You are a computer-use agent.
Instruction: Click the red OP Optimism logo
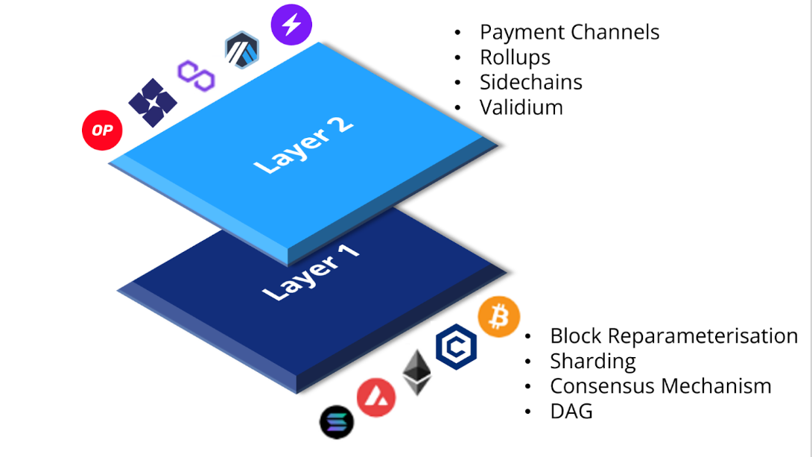tap(101, 130)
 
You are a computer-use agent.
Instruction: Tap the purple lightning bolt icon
tap(291, 25)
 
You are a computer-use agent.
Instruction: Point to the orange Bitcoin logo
tap(498, 317)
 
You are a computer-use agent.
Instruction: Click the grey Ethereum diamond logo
tap(416, 371)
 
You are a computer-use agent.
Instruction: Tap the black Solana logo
tap(337, 422)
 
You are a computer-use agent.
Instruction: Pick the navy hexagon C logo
tap(456, 347)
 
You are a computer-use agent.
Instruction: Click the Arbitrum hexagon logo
tap(241, 51)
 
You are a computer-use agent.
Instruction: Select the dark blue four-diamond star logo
tap(153, 102)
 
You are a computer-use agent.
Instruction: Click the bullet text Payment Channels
tap(569, 32)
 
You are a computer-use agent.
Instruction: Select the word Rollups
tap(515, 57)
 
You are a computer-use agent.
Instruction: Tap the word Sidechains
tap(530, 82)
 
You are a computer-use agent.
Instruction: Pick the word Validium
tap(521, 107)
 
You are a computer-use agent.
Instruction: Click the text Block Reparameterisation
tap(673, 335)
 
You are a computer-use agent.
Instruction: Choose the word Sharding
tap(592, 361)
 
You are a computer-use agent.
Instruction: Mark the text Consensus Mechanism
tap(660, 386)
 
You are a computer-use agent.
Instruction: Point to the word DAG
tap(571, 411)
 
